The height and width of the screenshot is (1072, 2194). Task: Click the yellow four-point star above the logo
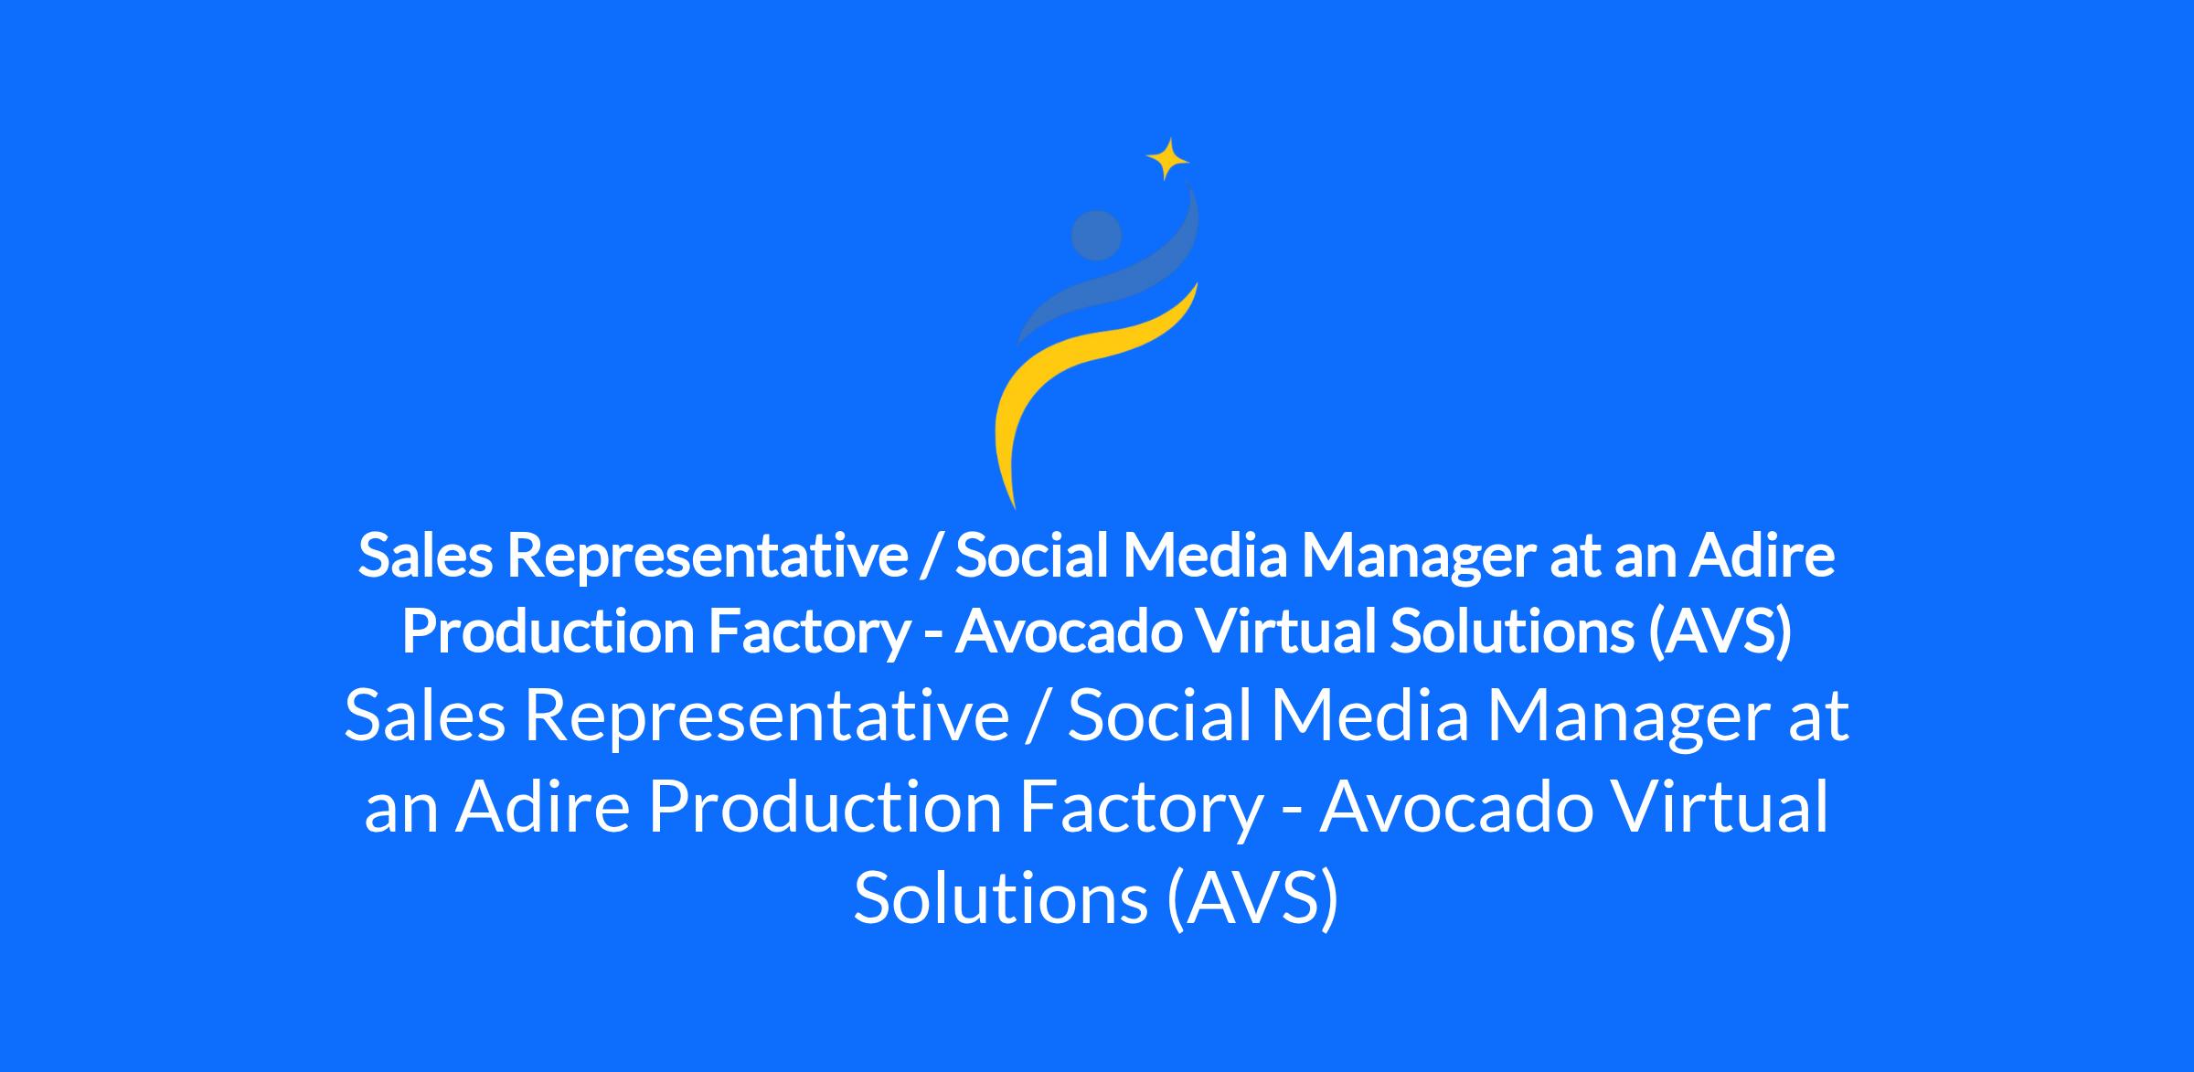pyautogui.click(x=1167, y=159)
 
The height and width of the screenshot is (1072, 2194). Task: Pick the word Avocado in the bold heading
pyautogui.click(x=1068, y=632)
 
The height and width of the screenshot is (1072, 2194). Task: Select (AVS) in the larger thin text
pyautogui.click(x=1253, y=898)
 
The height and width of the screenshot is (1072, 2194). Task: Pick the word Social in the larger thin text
pyautogui.click(x=1159, y=717)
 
